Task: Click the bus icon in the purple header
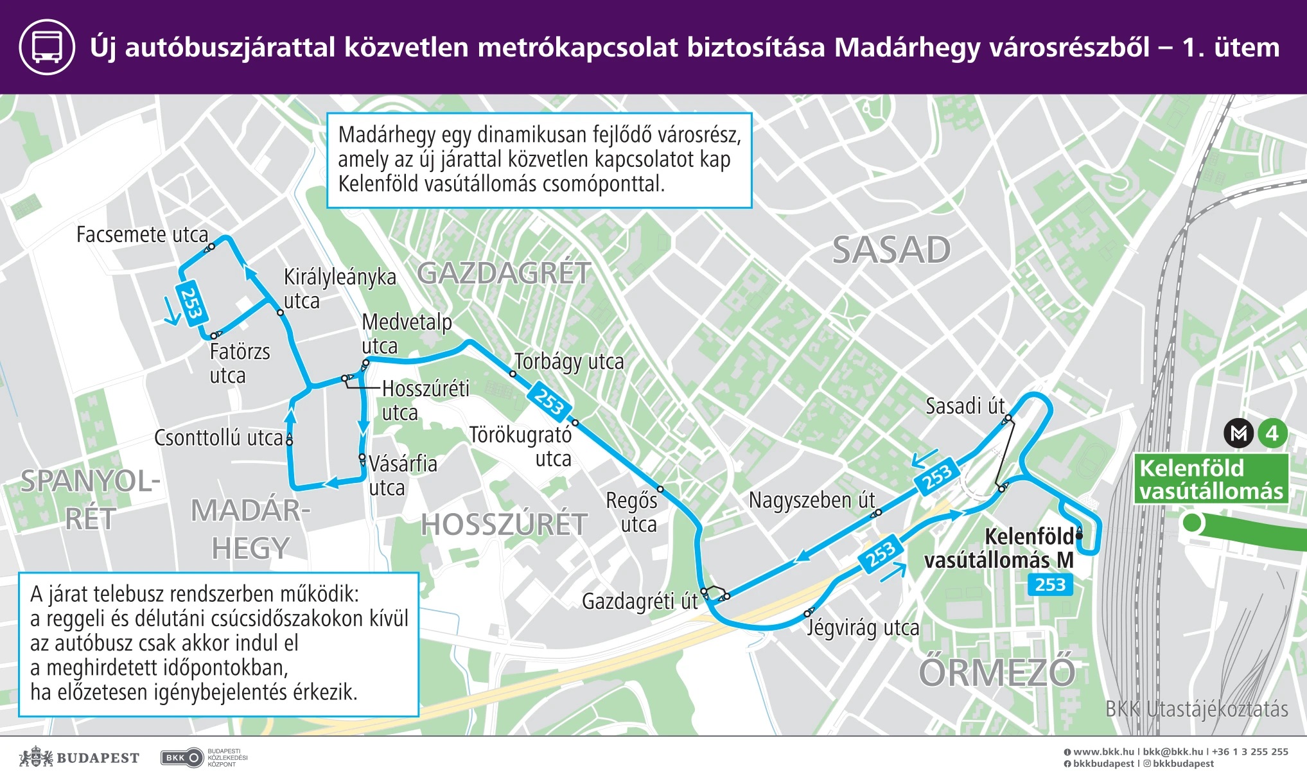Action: point(48,47)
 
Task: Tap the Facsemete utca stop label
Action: point(142,235)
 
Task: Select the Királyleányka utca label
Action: point(339,289)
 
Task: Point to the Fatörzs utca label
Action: point(239,363)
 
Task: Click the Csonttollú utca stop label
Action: point(218,438)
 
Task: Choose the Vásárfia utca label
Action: point(402,475)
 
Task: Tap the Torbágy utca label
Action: point(569,362)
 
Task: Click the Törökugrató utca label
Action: point(520,446)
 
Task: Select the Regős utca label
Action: point(632,512)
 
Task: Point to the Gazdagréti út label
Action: point(639,602)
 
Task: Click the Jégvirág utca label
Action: point(863,627)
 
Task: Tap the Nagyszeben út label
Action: point(811,500)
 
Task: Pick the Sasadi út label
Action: point(965,407)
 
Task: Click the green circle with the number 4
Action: point(1272,433)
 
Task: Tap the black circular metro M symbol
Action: point(1239,433)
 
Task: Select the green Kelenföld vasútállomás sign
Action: point(1211,479)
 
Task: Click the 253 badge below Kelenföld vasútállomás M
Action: point(1050,584)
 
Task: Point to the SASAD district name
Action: point(891,250)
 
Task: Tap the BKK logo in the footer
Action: point(181,758)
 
